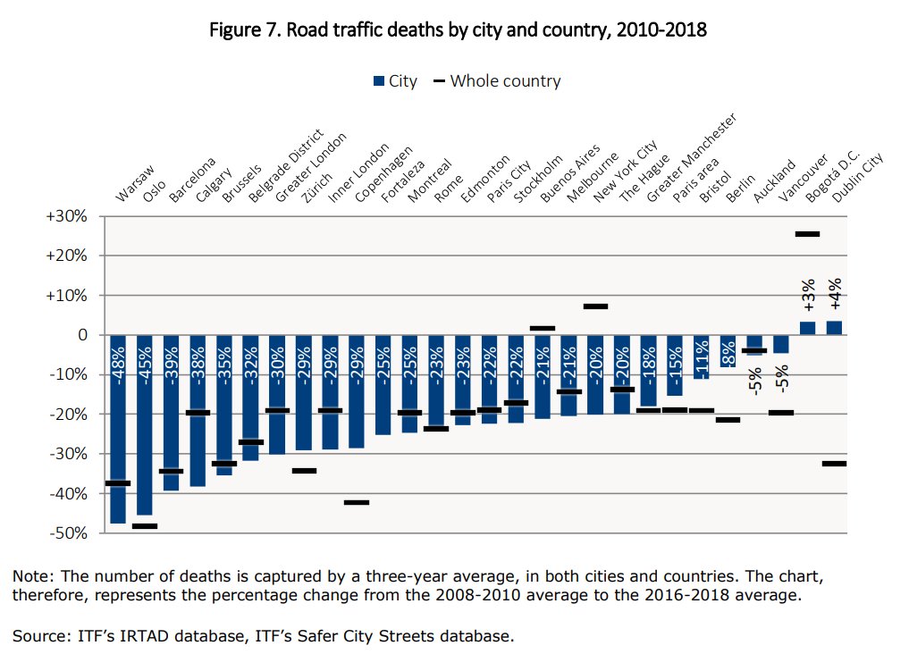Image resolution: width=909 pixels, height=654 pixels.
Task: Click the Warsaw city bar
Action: [118, 429]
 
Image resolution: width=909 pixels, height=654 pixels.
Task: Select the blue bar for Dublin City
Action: [834, 328]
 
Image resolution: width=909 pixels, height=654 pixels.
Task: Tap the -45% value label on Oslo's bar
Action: [145, 358]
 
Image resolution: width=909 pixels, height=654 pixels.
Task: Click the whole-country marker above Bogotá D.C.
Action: [807, 234]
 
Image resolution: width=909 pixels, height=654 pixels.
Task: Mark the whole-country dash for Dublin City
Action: [834, 464]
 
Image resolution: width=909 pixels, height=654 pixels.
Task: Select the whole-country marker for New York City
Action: [595, 306]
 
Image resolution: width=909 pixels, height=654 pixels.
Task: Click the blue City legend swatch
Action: [378, 81]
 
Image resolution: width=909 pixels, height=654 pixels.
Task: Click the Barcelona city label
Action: [191, 179]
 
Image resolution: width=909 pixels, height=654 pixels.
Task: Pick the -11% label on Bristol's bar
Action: [702, 358]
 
